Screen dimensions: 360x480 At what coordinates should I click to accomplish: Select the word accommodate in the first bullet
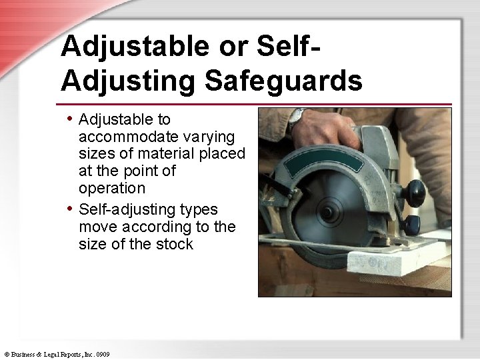tap(129, 137)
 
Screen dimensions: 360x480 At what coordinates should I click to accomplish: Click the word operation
tap(111, 188)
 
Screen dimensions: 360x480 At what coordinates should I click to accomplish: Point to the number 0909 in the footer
tap(102, 354)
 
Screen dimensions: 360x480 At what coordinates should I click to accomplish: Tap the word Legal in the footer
tap(51, 354)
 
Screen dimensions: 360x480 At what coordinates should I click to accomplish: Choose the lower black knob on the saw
tap(411, 222)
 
